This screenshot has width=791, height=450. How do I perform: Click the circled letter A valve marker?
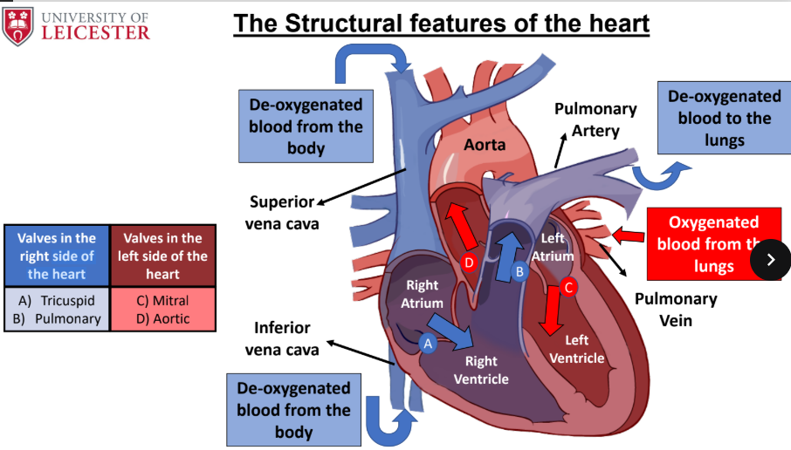[428, 344]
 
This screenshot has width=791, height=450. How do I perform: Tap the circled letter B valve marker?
[519, 271]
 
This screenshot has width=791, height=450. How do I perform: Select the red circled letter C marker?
[568, 287]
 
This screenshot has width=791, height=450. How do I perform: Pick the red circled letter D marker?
[469, 262]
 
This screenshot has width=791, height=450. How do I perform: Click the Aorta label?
[485, 145]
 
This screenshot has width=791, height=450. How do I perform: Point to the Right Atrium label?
[423, 294]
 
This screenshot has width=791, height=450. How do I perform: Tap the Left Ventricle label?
[576, 349]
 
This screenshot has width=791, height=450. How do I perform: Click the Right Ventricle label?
[481, 370]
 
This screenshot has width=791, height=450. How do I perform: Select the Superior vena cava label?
[282, 213]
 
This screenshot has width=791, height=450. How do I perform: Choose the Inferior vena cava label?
[282, 338]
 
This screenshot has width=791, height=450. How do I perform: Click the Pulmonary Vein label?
[676, 310]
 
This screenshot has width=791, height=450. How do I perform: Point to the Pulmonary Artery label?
[595, 119]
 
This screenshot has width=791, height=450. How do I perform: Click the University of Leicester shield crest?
[17, 25]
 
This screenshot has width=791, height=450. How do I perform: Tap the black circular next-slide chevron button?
[770, 260]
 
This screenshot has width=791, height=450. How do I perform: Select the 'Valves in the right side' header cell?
[57, 256]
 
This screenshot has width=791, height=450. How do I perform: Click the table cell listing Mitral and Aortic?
[163, 310]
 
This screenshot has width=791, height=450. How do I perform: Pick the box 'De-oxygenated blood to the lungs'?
[725, 118]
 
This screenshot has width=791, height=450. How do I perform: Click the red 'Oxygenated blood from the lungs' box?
[714, 244]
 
